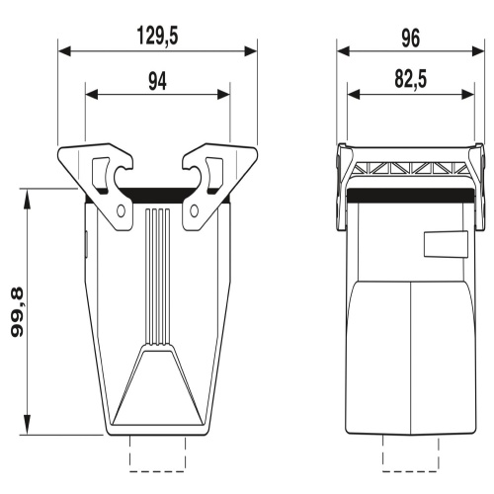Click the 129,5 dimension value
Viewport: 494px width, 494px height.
click(157, 37)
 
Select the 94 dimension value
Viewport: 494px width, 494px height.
click(157, 81)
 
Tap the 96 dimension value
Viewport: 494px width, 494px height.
click(410, 38)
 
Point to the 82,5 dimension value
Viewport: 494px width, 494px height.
click(411, 79)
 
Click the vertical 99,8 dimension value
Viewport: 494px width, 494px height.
click(17, 312)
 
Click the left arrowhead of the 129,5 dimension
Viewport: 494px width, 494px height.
click(64, 51)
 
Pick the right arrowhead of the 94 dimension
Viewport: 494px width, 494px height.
click(223, 95)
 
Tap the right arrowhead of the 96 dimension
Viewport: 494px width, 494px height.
click(478, 51)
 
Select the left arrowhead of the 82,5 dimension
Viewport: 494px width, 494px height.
click(354, 95)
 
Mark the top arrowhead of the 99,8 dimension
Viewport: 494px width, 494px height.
click(28, 199)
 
